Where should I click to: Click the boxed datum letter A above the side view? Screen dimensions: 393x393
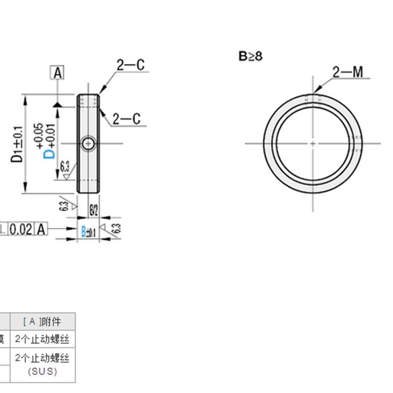point(58,73)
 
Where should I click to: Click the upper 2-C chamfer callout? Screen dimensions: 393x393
point(130,65)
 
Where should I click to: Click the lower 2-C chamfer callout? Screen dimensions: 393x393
point(126,119)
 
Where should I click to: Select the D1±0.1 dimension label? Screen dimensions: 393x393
point(18,145)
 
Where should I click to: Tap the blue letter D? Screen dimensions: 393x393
point(49,155)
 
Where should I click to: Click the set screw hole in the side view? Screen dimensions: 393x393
point(88,143)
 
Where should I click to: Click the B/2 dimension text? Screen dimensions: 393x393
point(93,210)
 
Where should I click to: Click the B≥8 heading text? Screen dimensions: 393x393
point(251,56)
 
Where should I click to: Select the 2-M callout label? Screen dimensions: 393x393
point(347,73)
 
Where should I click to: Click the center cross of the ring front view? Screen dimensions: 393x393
point(313,143)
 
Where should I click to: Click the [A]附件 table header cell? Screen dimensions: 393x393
point(42,322)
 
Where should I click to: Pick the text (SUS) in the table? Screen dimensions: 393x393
point(42,371)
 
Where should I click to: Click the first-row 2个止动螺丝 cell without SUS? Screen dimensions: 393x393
point(42,339)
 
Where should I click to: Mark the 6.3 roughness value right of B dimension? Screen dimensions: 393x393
point(116,228)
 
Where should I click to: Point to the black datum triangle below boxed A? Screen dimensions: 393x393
point(58,105)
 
